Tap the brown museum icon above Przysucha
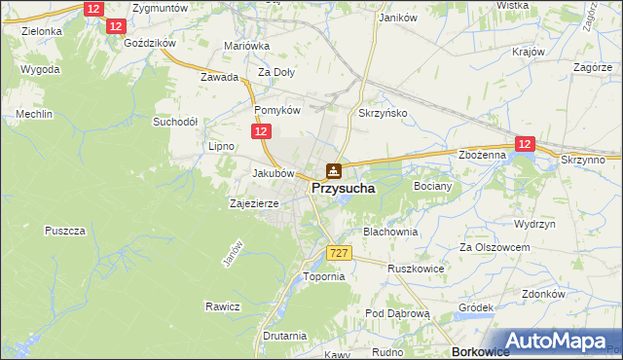pyautogui.click(x=334, y=170)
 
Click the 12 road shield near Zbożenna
pyautogui.click(x=526, y=144)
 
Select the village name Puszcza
pyautogui.click(x=66, y=231)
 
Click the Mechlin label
pyautogui.click(x=33, y=114)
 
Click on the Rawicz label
pyautogui.click(x=222, y=306)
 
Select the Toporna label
pyautogui.click(x=324, y=276)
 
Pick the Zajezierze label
pyautogui.click(x=254, y=204)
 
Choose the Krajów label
pyautogui.click(x=527, y=51)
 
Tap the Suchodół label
pyautogui.click(x=175, y=123)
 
